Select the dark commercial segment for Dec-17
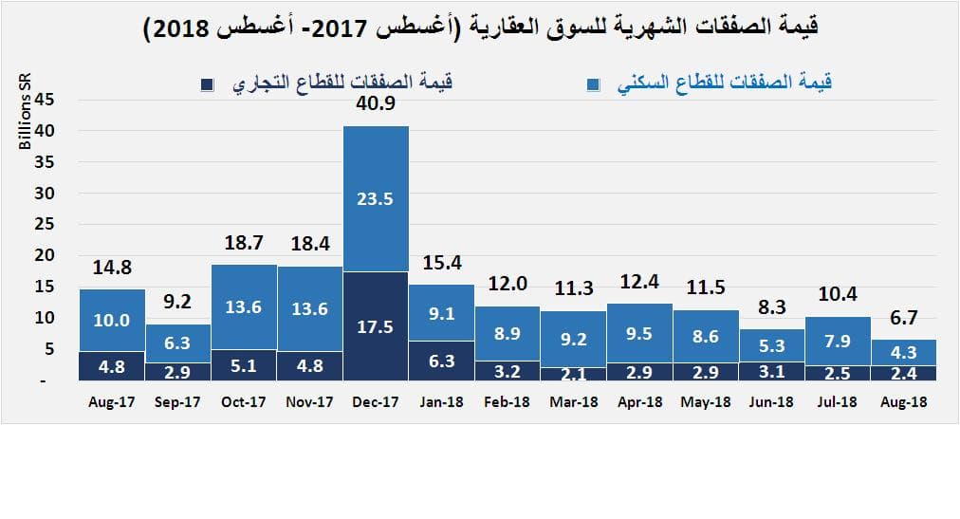(x=376, y=325)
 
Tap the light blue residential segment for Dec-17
(x=376, y=199)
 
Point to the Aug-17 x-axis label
(x=112, y=402)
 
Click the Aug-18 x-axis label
(x=903, y=402)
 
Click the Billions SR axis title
(x=26, y=114)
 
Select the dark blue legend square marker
(x=208, y=84)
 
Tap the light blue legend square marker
(x=592, y=84)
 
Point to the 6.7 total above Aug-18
(x=904, y=317)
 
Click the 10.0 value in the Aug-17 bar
(x=112, y=322)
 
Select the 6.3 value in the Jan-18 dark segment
(x=442, y=361)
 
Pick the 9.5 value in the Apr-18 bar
(x=639, y=334)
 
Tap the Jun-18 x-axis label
(x=771, y=402)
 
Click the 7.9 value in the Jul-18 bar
(x=838, y=340)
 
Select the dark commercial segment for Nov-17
(x=310, y=365)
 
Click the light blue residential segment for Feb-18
(x=508, y=333)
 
